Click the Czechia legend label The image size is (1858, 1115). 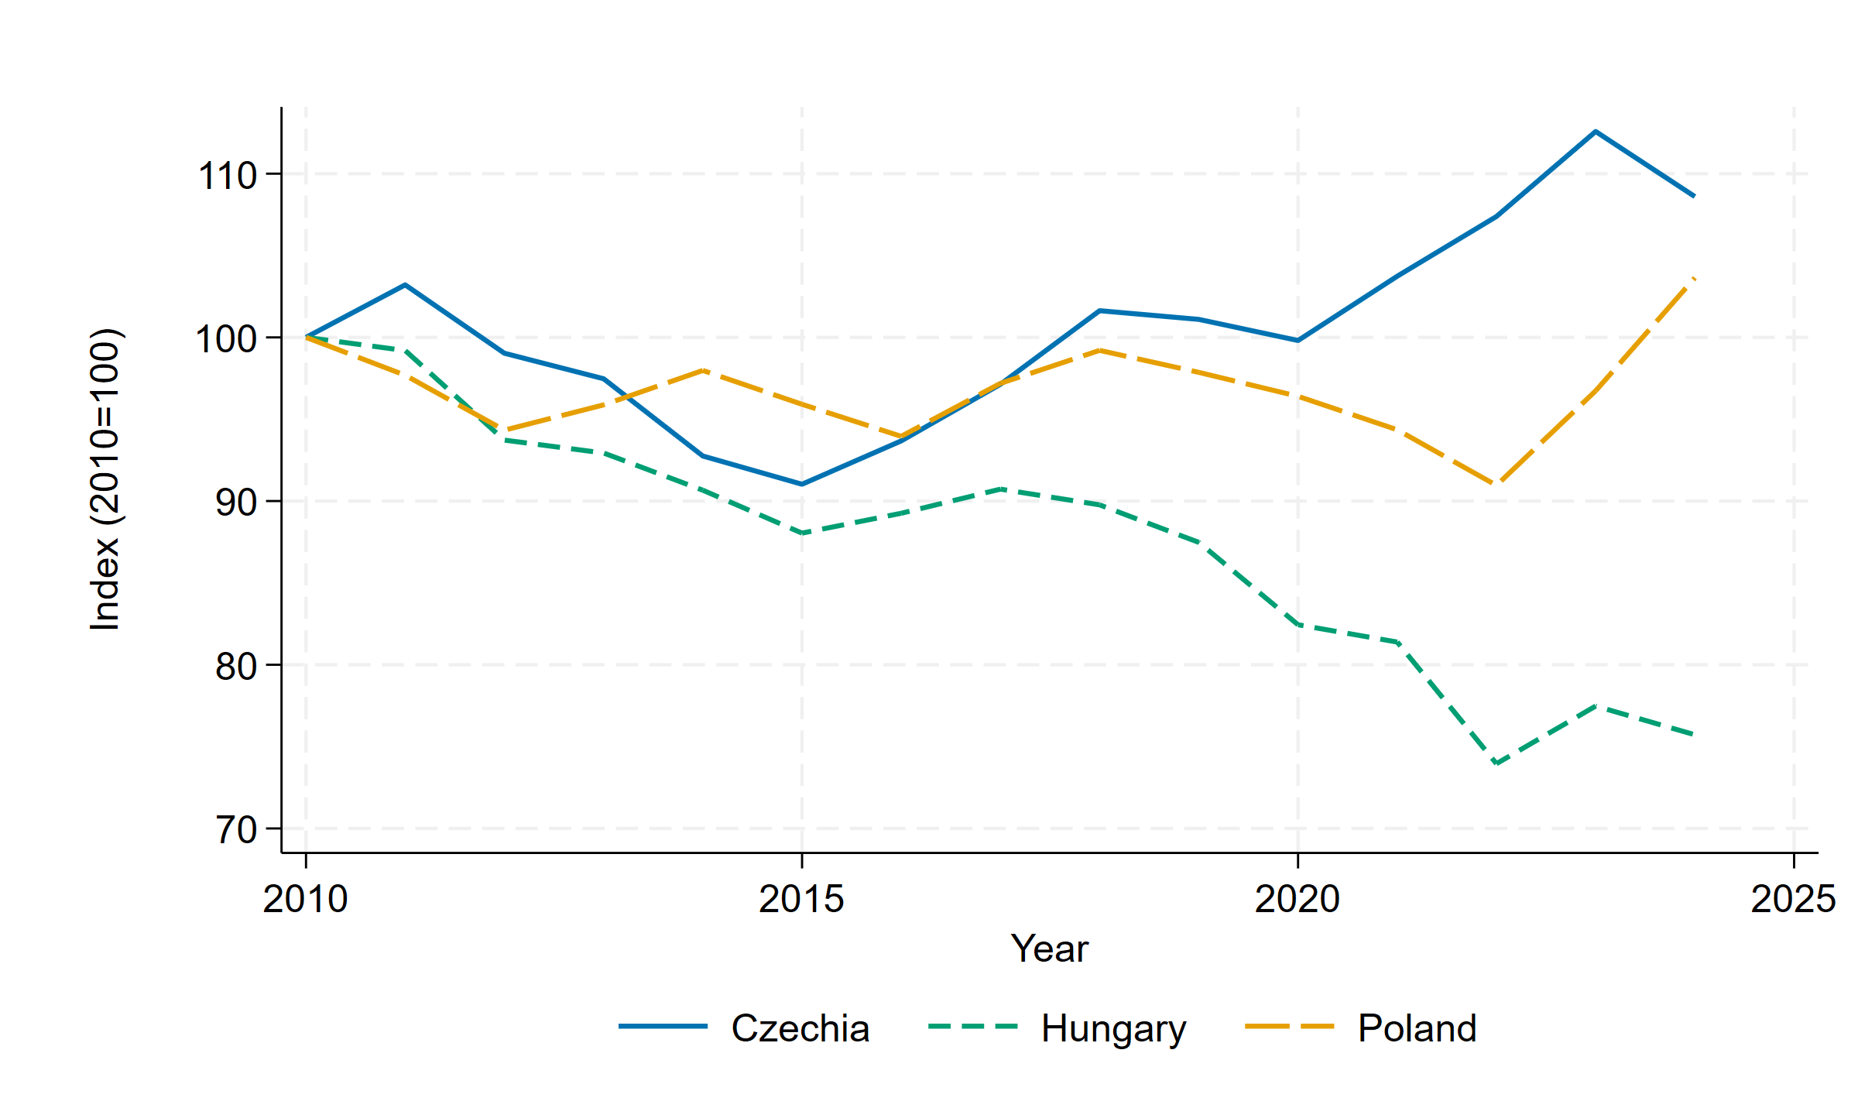[x=800, y=1028]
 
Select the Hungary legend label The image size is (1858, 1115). [x=1112, y=1028]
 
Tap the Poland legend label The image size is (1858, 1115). [x=1417, y=1028]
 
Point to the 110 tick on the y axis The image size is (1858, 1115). [x=228, y=175]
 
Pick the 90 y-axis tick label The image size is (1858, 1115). [x=236, y=503]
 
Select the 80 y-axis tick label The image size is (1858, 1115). [x=236, y=666]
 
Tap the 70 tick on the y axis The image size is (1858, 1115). [x=236, y=830]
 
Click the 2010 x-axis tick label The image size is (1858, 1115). [x=305, y=899]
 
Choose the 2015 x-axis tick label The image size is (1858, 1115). [x=801, y=899]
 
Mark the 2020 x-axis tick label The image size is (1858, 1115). [x=1298, y=899]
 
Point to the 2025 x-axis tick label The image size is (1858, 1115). [x=1793, y=899]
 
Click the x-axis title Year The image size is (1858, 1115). [x=1049, y=949]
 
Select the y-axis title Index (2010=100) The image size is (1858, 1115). [x=105, y=480]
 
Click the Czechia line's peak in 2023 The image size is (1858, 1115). [x=1596, y=132]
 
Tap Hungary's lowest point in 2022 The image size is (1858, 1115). [x=1496, y=763]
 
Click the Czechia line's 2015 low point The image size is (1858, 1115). [x=801, y=485]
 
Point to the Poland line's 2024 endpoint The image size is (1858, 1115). [x=1695, y=278]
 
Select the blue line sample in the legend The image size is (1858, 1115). [x=663, y=1027]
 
